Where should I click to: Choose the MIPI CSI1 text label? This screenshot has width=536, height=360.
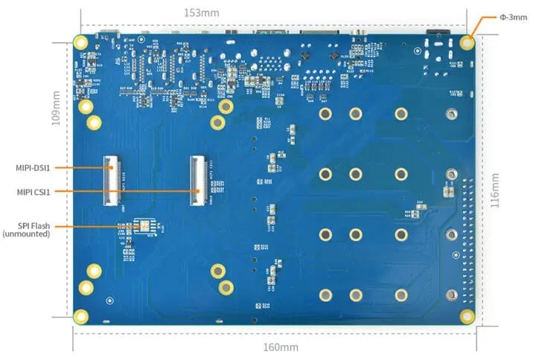coord(33,192)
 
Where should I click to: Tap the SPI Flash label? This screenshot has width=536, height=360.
coord(33,225)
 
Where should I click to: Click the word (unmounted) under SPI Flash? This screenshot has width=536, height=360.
coord(27,234)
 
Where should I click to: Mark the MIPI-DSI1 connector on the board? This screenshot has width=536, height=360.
coord(112,179)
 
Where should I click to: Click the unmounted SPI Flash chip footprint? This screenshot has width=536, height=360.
coord(144,227)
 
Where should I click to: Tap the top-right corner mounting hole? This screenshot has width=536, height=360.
coord(467,42)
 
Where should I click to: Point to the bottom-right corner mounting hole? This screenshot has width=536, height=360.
coord(467,316)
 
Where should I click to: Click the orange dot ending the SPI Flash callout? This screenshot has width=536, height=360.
coord(135,225)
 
